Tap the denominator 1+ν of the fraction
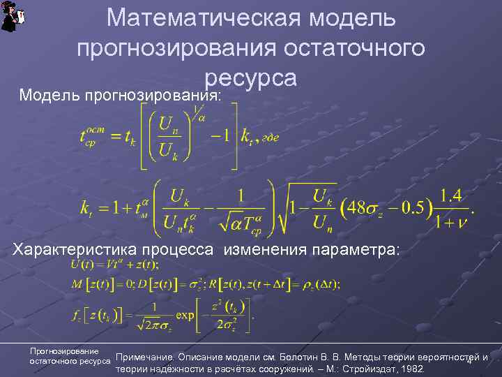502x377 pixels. (450, 221)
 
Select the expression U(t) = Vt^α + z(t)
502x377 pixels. (114, 264)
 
